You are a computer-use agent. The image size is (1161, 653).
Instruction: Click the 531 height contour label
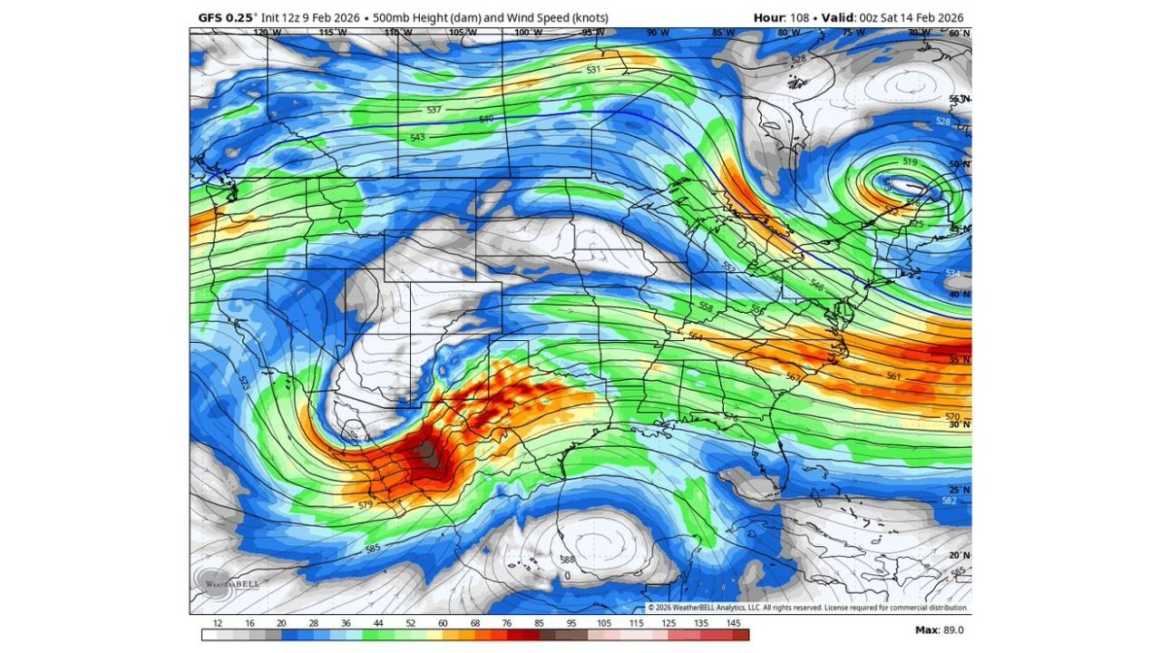[x=593, y=70]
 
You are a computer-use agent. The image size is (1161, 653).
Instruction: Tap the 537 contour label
[x=434, y=110]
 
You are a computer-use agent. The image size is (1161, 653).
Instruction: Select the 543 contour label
[x=417, y=138]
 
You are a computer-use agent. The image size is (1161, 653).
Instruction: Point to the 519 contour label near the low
[x=911, y=161]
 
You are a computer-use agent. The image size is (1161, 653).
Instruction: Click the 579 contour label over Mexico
[x=365, y=505]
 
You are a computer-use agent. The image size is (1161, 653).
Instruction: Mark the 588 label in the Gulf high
[x=568, y=560]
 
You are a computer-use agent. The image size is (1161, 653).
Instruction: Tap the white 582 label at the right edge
[x=949, y=501]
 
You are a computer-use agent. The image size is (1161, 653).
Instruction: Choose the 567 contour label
[x=792, y=377]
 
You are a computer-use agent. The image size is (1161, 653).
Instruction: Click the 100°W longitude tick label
[x=522, y=34]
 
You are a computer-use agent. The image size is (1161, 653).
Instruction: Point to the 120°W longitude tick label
[x=266, y=34]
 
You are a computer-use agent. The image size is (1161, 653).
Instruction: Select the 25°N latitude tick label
[x=959, y=490]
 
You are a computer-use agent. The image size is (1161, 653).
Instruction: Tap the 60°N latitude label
[x=959, y=34]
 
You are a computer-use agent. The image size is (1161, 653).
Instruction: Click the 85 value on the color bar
[x=541, y=624]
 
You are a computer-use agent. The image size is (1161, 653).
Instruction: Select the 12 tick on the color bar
[x=218, y=624]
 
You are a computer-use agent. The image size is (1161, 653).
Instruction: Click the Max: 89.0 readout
[x=940, y=630]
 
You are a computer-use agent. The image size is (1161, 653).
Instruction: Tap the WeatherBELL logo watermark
[x=228, y=582]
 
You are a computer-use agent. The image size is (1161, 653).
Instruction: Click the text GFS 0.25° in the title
[x=228, y=17]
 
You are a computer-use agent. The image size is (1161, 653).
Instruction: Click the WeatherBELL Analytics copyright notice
[x=807, y=608]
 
